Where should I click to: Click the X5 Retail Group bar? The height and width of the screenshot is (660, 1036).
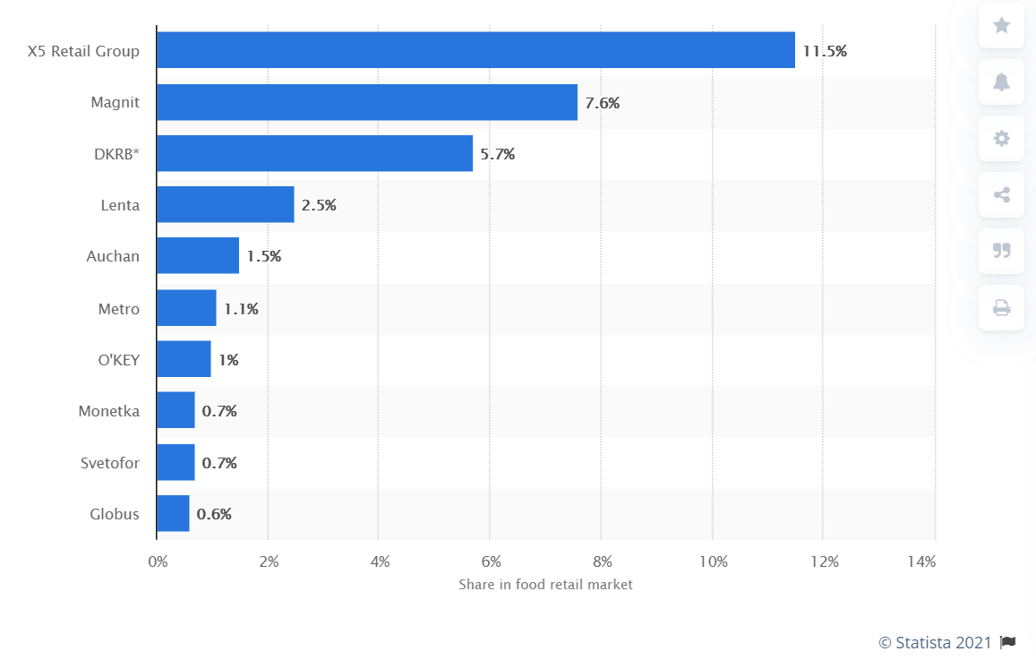tap(475, 50)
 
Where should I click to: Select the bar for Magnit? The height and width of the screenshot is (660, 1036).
tap(367, 102)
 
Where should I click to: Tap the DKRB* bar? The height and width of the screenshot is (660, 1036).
tap(314, 153)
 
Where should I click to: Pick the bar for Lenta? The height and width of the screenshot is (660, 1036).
tap(225, 205)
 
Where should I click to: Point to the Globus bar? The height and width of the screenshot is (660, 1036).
tap(173, 514)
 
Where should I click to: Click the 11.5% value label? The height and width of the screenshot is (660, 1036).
tap(825, 51)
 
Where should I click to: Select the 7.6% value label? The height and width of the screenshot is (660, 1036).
tap(602, 103)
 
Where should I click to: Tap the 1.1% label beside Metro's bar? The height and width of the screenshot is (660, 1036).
tap(241, 309)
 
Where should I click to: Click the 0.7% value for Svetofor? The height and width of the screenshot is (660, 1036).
tap(219, 463)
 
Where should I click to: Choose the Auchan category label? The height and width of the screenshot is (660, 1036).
tap(113, 256)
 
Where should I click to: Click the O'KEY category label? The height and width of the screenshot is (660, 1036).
tap(119, 360)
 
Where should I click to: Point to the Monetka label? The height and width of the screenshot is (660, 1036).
tap(109, 411)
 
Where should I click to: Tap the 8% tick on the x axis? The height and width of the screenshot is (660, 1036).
tap(603, 562)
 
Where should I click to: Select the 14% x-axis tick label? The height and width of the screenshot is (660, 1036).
tap(921, 562)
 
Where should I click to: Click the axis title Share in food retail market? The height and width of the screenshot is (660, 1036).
tap(545, 585)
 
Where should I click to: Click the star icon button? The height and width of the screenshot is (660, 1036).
tap(1001, 25)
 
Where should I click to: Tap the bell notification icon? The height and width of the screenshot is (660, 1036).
tap(1001, 81)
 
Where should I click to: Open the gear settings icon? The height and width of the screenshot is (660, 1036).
tap(1001, 138)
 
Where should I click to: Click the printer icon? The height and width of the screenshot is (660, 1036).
tap(1001, 308)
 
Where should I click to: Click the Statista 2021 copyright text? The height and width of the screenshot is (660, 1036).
tap(935, 642)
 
